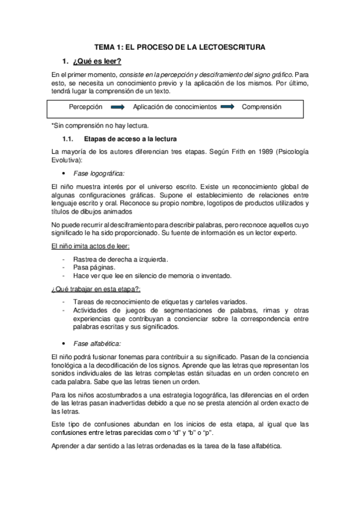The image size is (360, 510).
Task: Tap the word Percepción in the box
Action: pos(85,106)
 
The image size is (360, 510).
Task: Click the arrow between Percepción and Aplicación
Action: pos(118,106)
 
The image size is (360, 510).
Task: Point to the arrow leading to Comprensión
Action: pos(227,106)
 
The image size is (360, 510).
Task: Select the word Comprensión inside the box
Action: pos(261,106)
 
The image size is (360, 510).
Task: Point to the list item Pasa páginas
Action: pos(93,267)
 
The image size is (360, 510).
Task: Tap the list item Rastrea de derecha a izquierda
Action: pos(120,259)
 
